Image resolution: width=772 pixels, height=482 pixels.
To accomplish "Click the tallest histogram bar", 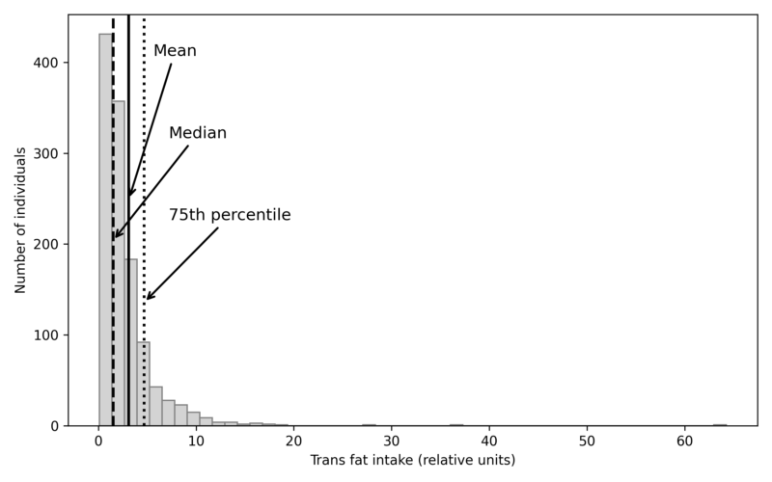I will [105, 231].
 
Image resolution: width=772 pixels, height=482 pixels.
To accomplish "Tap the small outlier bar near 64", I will [720, 424].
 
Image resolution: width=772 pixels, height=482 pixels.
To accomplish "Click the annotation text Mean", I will [175, 51].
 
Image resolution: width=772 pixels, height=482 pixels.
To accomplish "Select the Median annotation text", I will [198, 133].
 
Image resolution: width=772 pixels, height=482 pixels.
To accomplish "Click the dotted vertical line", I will [144, 96].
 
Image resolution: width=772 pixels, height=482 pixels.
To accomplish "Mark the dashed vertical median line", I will [113, 96].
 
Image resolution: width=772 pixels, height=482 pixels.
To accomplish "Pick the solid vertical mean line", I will [128, 96].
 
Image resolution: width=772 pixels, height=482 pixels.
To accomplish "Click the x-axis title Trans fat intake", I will [412, 461].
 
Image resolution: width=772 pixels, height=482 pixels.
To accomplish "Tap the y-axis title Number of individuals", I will [21, 220].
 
